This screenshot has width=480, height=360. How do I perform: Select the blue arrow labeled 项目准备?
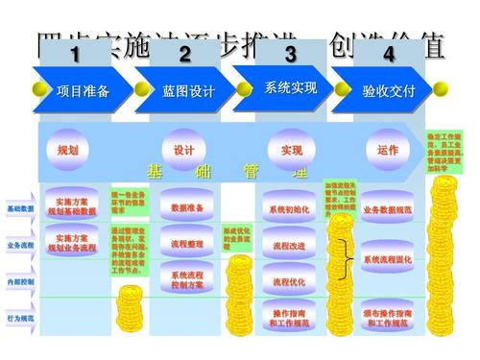(x=83, y=91)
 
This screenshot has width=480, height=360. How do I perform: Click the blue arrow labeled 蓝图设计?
(x=188, y=91)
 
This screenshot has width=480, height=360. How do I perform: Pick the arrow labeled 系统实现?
(x=291, y=88)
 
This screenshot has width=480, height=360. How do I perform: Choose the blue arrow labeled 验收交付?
(x=389, y=91)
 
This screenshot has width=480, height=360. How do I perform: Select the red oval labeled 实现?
(x=291, y=151)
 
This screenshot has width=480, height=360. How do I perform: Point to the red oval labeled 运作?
(x=388, y=151)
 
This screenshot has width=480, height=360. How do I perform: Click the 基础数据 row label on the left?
(x=20, y=208)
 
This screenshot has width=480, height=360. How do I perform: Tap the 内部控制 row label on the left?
(x=20, y=282)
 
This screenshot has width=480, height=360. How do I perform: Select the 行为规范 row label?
(x=20, y=318)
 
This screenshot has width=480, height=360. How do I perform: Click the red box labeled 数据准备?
(x=187, y=207)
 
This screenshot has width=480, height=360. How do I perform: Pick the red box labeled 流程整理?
(x=187, y=244)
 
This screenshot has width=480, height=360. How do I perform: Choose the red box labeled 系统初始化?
(x=289, y=208)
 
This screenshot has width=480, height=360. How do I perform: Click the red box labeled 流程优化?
(x=289, y=282)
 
